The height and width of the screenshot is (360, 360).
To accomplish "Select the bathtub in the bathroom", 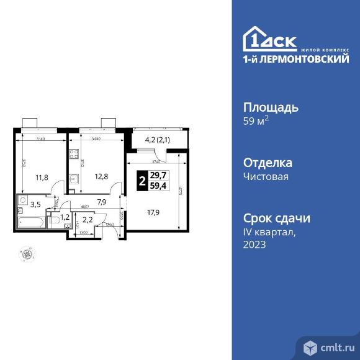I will (x=29, y=220).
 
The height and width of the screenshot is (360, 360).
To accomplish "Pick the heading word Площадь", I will (x=270, y=107).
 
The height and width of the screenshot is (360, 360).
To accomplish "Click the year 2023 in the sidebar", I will (x=254, y=245).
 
